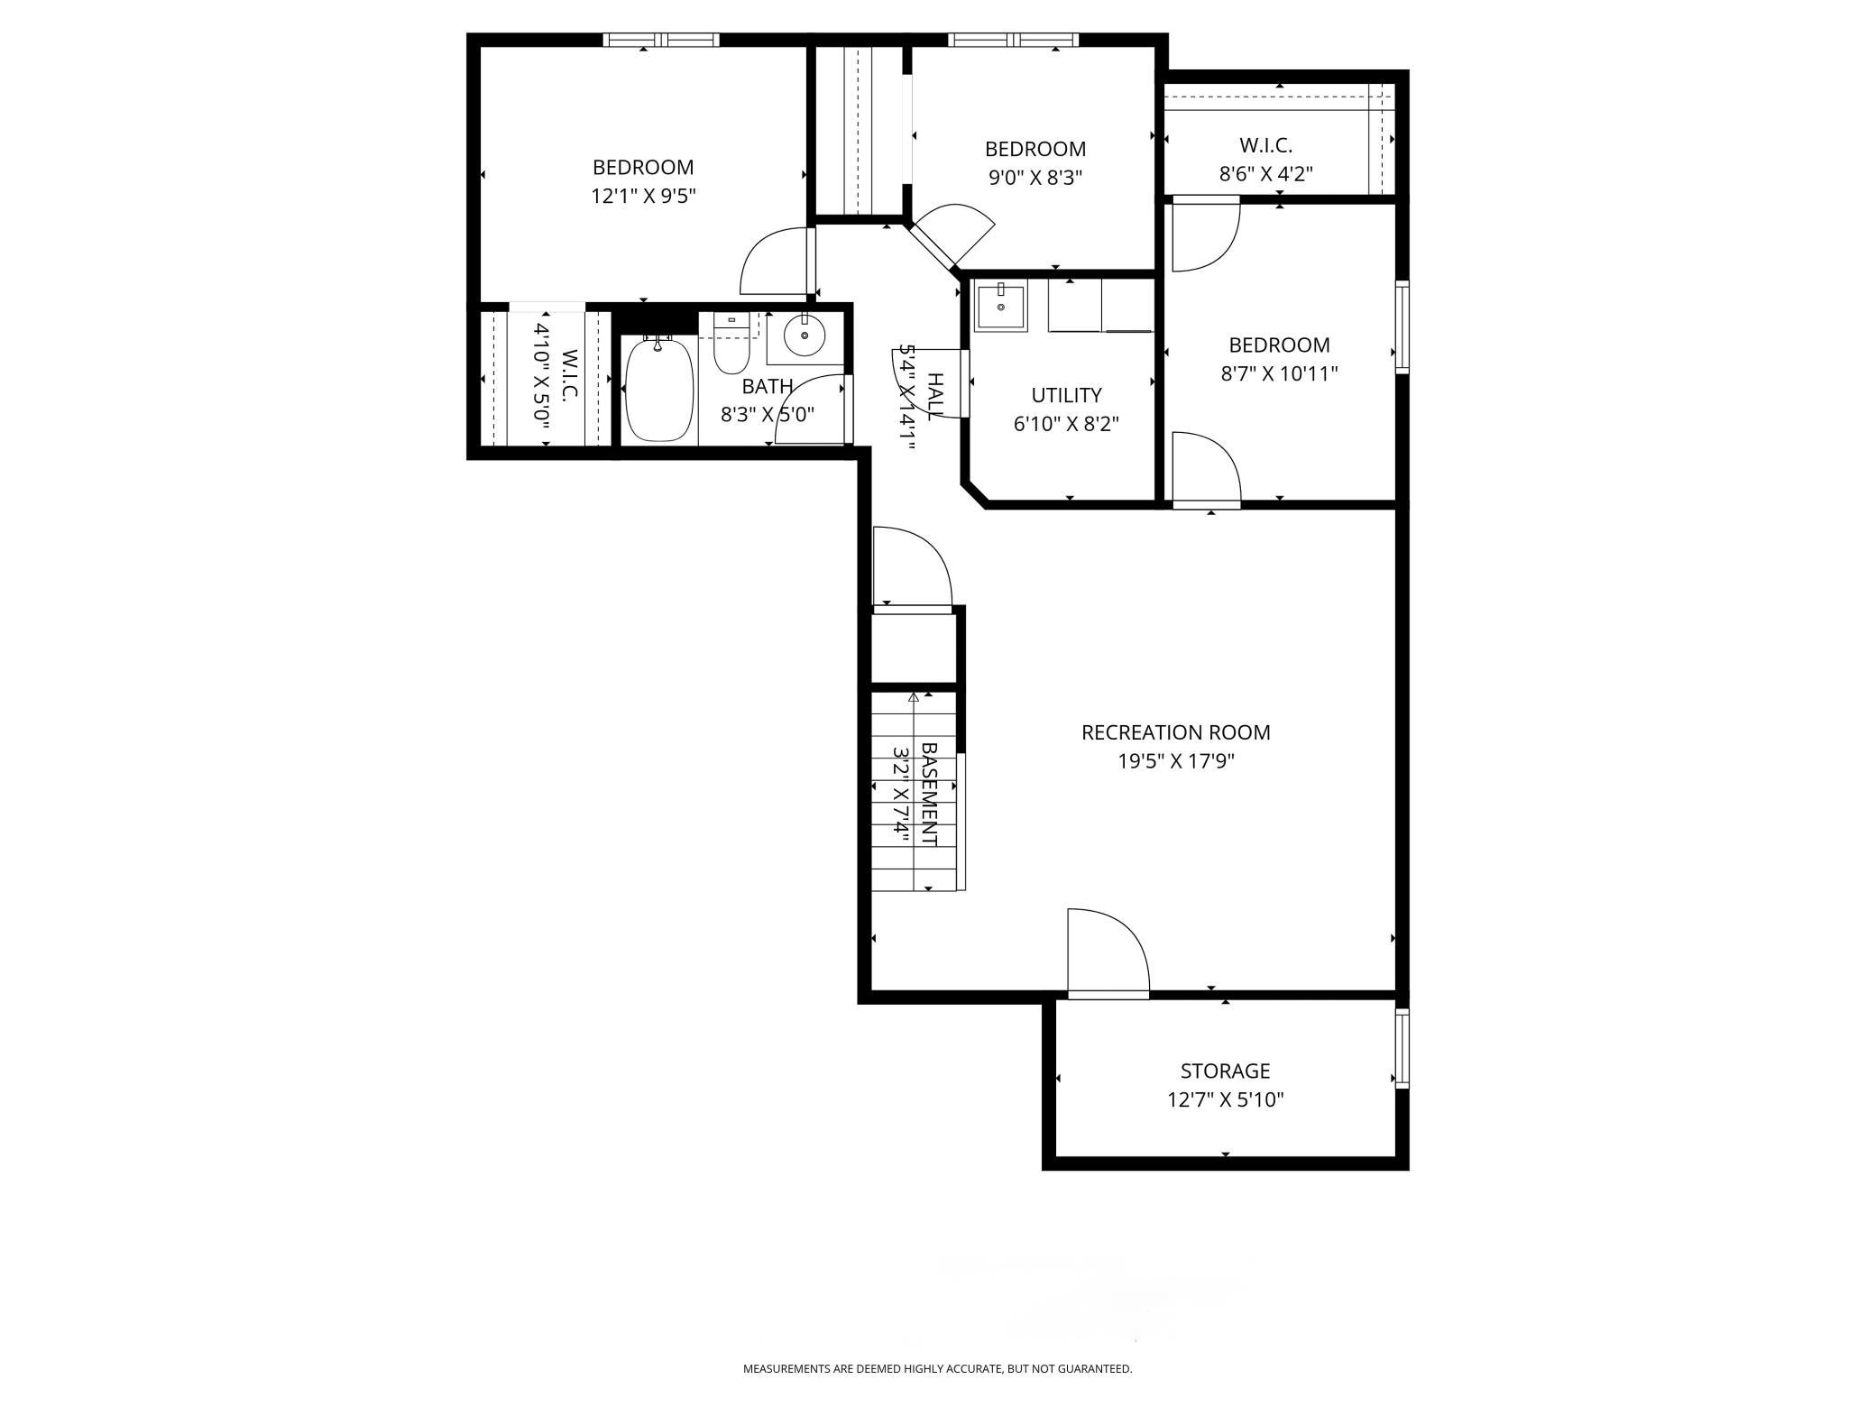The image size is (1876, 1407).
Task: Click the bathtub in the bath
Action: coord(659,390)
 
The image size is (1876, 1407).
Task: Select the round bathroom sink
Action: coord(805,336)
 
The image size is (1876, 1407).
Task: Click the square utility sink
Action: coord(1000,308)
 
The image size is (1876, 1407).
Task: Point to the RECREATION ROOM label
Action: coord(1176,732)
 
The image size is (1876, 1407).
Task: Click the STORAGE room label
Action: coord(1225,1071)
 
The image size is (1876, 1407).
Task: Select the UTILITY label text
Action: coord(1066,395)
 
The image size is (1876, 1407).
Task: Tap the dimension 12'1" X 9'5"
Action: coord(643,196)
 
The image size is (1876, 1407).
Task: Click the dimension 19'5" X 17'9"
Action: coord(1176,761)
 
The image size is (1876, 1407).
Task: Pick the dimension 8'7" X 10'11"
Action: coord(1279,373)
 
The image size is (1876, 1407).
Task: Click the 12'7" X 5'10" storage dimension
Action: coord(1225,1099)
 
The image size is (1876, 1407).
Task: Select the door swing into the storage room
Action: coord(1108,953)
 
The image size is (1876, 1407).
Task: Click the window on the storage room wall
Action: coord(1402,1048)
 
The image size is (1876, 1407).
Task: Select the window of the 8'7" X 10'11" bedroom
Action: coord(1402,326)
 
